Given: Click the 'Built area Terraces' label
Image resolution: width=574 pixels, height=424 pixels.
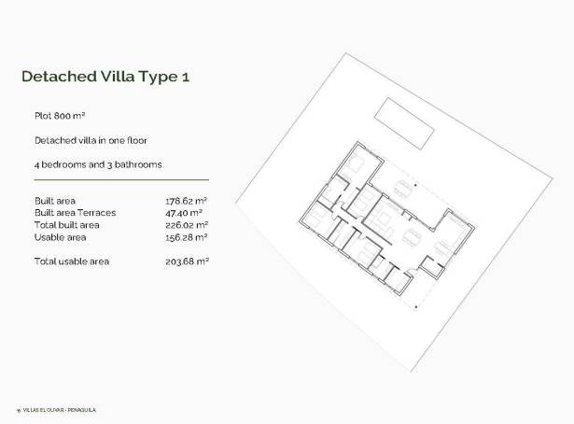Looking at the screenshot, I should [x=74, y=212].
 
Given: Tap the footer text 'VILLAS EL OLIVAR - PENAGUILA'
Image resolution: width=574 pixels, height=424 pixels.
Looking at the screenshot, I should [x=60, y=410].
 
